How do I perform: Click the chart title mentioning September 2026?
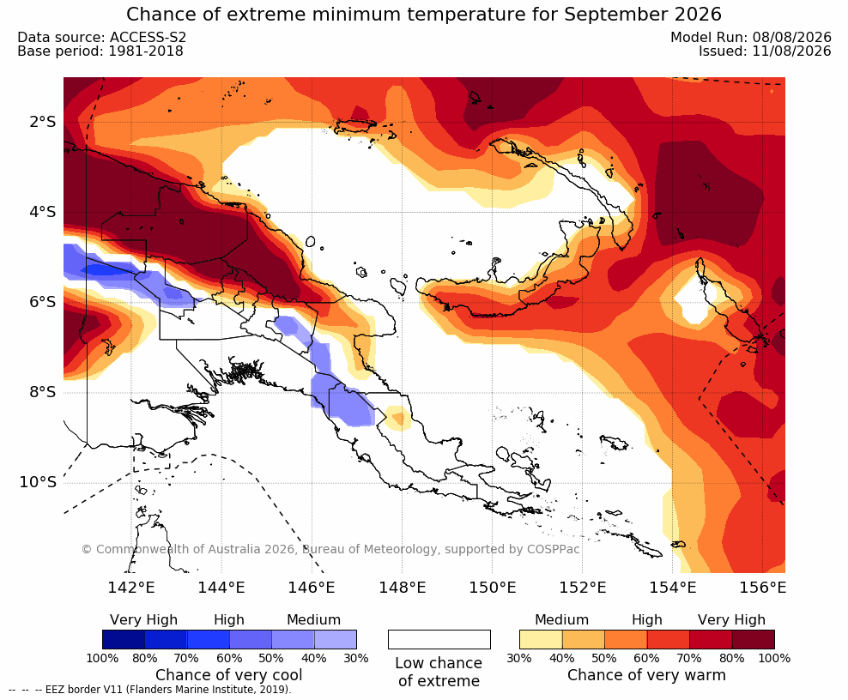click(x=423, y=14)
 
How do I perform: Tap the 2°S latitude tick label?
click(x=42, y=122)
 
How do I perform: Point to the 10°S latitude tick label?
click(x=37, y=481)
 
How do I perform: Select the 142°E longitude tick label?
click(x=131, y=587)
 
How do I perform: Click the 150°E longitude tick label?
click(x=492, y=587)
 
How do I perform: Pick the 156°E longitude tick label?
click(x=762, y=587)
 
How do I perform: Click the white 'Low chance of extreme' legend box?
click(x=439, y=639)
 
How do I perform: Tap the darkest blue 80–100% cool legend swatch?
click(x=124, y=639)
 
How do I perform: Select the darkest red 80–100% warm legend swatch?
click(x=754, y=639)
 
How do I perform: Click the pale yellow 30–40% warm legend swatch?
click(x=541, y=639)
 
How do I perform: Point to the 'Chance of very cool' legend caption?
click(x=229, y=675)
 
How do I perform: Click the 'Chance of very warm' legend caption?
click(x=646, y=675)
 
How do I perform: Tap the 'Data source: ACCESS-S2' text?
click(x=101, y=37)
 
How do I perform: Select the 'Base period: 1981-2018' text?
click(x=100, y=51)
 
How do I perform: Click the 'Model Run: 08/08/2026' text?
click(x=751, y=37)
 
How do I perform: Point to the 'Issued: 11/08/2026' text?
click(x=765, y=51)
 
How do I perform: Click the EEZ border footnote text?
click(x=149, y=690)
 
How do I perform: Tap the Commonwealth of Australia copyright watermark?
click(x=330, y=549)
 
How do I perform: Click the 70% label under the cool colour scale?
click(x=186, y=658)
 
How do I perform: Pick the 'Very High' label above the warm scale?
click(x=731, y=620)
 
